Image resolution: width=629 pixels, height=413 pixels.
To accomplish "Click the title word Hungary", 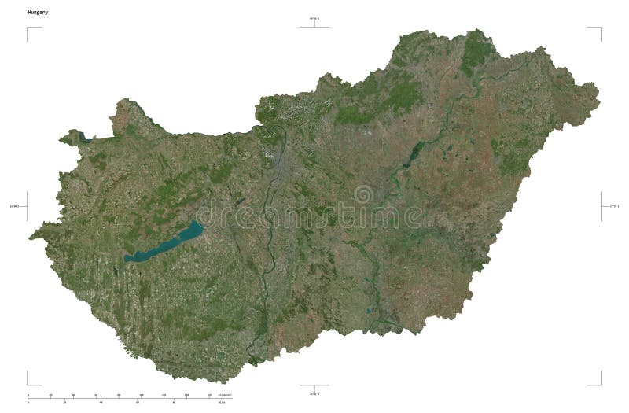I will point(38,13).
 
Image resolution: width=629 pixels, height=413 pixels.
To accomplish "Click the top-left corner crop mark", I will point(28,28).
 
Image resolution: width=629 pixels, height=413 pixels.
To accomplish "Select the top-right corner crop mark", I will point(601,28).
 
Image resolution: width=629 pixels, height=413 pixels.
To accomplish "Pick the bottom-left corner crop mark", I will point(28,383).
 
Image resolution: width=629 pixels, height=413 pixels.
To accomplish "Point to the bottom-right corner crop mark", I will point(601,383).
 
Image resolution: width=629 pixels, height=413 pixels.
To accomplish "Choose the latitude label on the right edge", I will point(615,206).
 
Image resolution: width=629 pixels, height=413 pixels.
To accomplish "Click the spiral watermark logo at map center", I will point(364,194).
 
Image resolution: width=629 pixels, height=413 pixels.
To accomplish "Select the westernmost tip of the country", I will point(31,236).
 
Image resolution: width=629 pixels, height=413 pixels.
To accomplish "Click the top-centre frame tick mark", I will point(314,26).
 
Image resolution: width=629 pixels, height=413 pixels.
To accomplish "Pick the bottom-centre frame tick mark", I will point(314,385).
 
